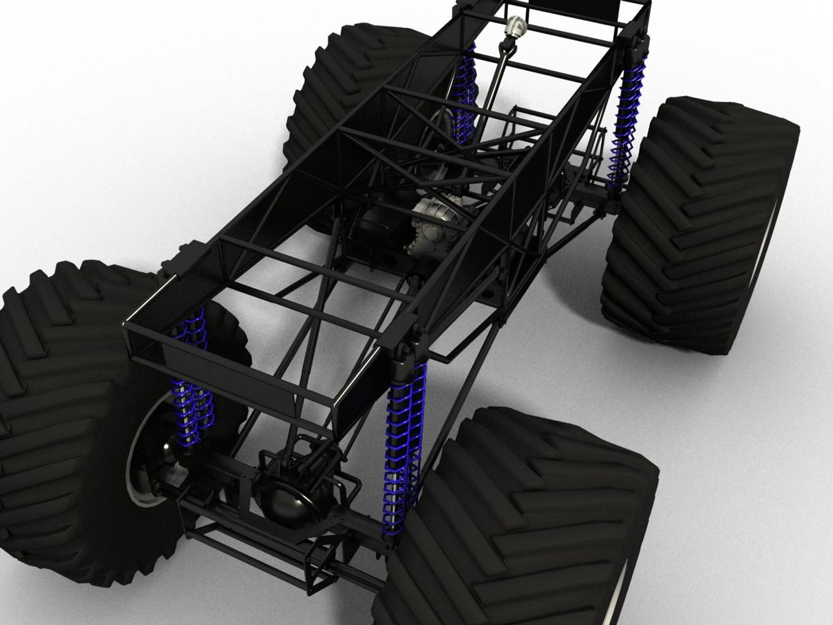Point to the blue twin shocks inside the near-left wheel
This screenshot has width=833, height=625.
[x=191, y=399]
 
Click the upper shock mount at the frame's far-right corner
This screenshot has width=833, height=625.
[x=636, y=43]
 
